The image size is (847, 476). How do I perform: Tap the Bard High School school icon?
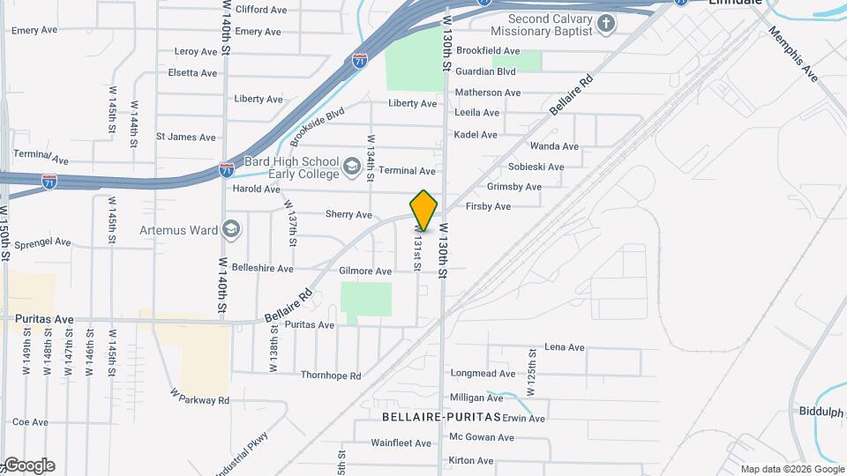point(351,166)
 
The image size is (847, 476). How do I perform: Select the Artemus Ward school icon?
point(231,230)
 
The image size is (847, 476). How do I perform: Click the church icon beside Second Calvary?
point(606,24)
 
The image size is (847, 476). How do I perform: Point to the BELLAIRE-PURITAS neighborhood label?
point(441,416)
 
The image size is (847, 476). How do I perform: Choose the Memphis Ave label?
point(794,55)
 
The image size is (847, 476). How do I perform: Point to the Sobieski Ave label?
point(536,167)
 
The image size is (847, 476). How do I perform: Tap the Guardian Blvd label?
point(485,71)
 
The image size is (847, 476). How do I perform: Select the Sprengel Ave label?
point(42,242)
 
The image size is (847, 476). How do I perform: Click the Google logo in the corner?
point(28,465)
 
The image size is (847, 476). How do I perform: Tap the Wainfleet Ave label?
point(399,443)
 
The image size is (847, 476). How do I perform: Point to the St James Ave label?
point(186,137)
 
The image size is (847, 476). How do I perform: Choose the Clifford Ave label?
point(261,10)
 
